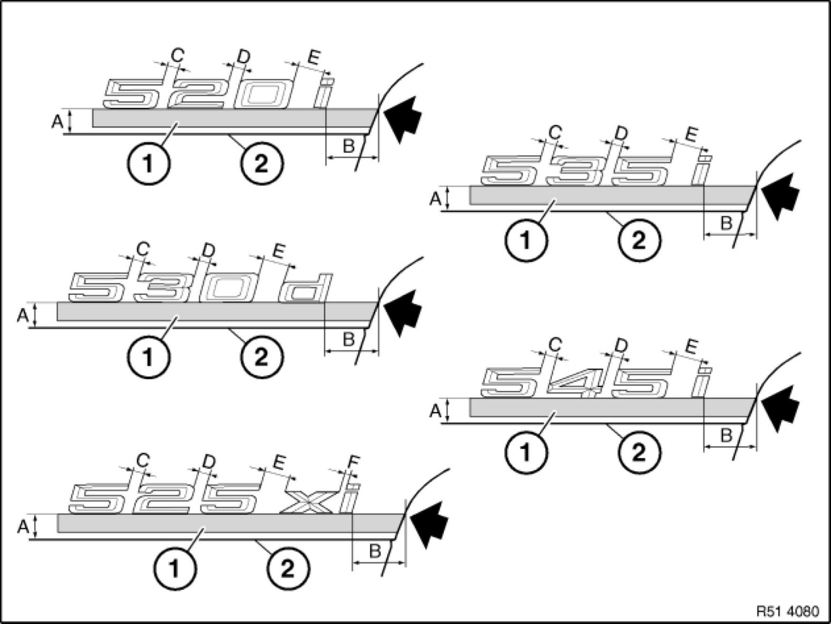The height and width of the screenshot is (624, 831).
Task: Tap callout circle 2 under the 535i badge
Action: click(639, 241)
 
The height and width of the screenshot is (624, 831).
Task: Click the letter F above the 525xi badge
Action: click(354, 461)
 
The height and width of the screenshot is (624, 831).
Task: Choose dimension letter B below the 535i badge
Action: click(726, 223)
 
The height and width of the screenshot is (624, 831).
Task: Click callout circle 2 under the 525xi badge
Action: click(288, 568)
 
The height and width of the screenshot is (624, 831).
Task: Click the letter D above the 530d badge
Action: click(209, 250)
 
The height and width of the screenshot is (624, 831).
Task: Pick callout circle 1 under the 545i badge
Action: click(525, 453)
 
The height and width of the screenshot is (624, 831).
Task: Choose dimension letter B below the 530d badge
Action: click(348, 339)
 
